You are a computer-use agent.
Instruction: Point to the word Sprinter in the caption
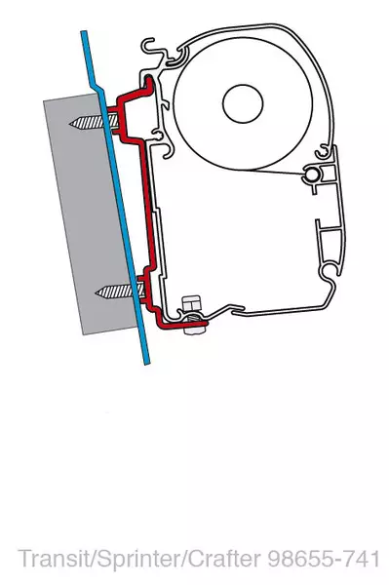pyautogui.click(x=124, y=559)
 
